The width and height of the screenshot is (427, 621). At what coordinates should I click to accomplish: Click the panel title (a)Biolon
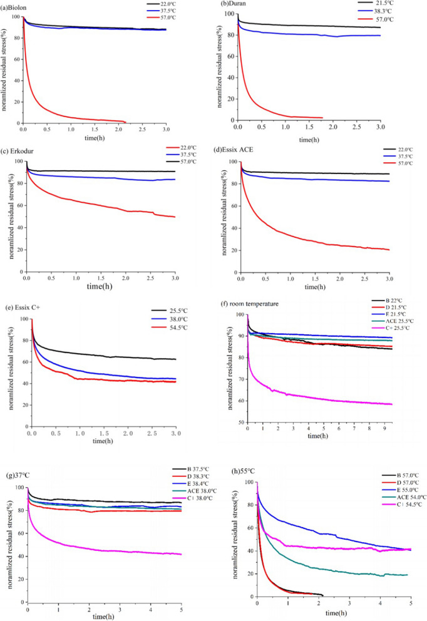click(x=18, y=6)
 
